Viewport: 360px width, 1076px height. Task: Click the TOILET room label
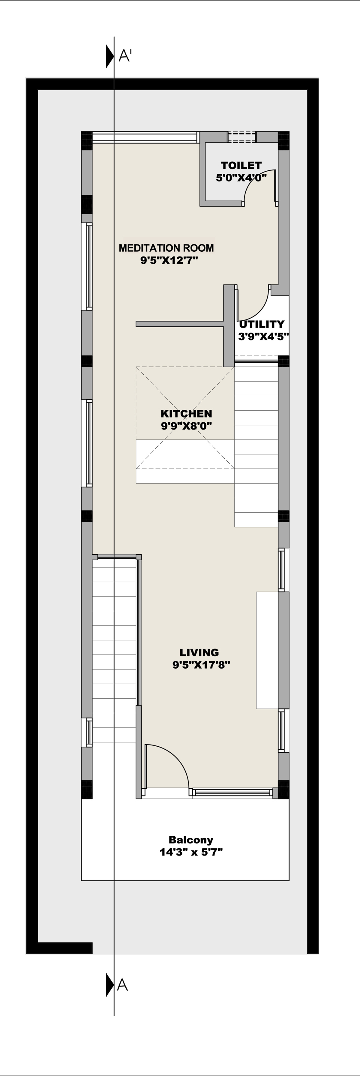click(241, 165)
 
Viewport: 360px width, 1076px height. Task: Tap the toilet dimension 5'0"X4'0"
click(241, 178)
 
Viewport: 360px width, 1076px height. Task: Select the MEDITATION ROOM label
click(166, 248)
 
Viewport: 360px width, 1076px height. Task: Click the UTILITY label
click(262, 324)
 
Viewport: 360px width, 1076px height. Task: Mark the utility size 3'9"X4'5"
click(263, 336)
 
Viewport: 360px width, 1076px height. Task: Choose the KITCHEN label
click(186, 414)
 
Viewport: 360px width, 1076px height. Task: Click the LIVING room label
click(199, 652)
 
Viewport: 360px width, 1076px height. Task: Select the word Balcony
click(191, 840)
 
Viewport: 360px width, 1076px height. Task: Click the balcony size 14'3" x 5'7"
click(191, 852)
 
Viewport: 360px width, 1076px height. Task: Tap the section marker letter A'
click(125, 55)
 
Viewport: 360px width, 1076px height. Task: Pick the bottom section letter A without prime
click(122, 985)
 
